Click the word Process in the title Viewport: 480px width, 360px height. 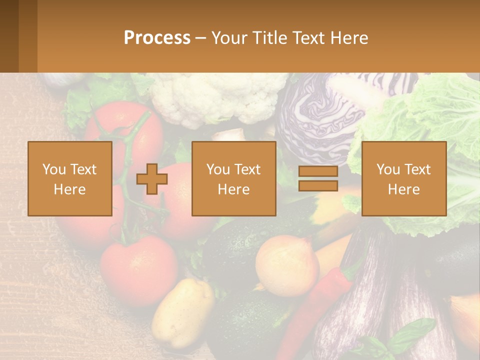point(157,38)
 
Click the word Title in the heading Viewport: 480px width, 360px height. point(270,38)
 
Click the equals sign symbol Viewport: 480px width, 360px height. point(318,178)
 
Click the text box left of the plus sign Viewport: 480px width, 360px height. point(70,179)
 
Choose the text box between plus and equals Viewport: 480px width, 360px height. point(233,179)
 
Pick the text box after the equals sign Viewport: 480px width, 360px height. point(403,179)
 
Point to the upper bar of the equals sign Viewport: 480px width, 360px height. point(318,171)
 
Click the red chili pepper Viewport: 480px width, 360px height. point(315,305)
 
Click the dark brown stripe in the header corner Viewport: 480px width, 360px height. point(9,36)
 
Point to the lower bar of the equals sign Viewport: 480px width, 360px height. point(318,186)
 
